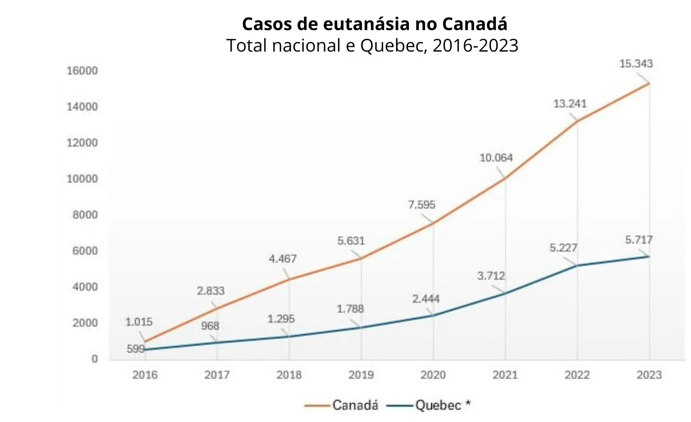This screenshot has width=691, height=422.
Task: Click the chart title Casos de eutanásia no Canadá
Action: click(x=374, y=24)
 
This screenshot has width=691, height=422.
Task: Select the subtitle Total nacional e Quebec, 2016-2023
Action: click(x=372, y=46)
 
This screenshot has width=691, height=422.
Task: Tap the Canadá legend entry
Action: click(x=355, y=405)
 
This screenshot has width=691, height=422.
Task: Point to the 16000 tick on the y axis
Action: click(x=82, y=71)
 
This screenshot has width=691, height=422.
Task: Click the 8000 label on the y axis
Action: click(x=85, y=215)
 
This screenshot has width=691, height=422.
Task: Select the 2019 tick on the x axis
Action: click(x=361, y=375)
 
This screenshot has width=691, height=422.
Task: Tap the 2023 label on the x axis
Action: click(x=649, y=375)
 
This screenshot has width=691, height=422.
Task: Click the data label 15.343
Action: click(x=636, y=64)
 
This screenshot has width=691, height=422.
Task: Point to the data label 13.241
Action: click(x=570, y=104)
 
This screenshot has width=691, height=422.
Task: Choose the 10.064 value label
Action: click(x=496, y=158)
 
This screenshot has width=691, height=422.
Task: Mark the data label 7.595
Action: click(x=421, y=205)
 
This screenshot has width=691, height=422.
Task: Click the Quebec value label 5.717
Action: click(x=639, y=240)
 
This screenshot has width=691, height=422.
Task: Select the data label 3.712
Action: click(x=491, y=276)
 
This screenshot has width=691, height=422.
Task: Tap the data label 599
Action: click(x=136, y=349)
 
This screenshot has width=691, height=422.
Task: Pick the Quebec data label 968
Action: click(x=210, y=326)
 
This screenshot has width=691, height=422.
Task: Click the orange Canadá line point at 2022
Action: click(x=577, y=122)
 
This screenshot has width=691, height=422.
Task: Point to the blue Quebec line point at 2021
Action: click(x=505, y=293)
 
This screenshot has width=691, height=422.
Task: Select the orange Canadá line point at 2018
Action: click(x=289, y=279)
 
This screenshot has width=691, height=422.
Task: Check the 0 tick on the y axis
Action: click(x=94, y=359)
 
